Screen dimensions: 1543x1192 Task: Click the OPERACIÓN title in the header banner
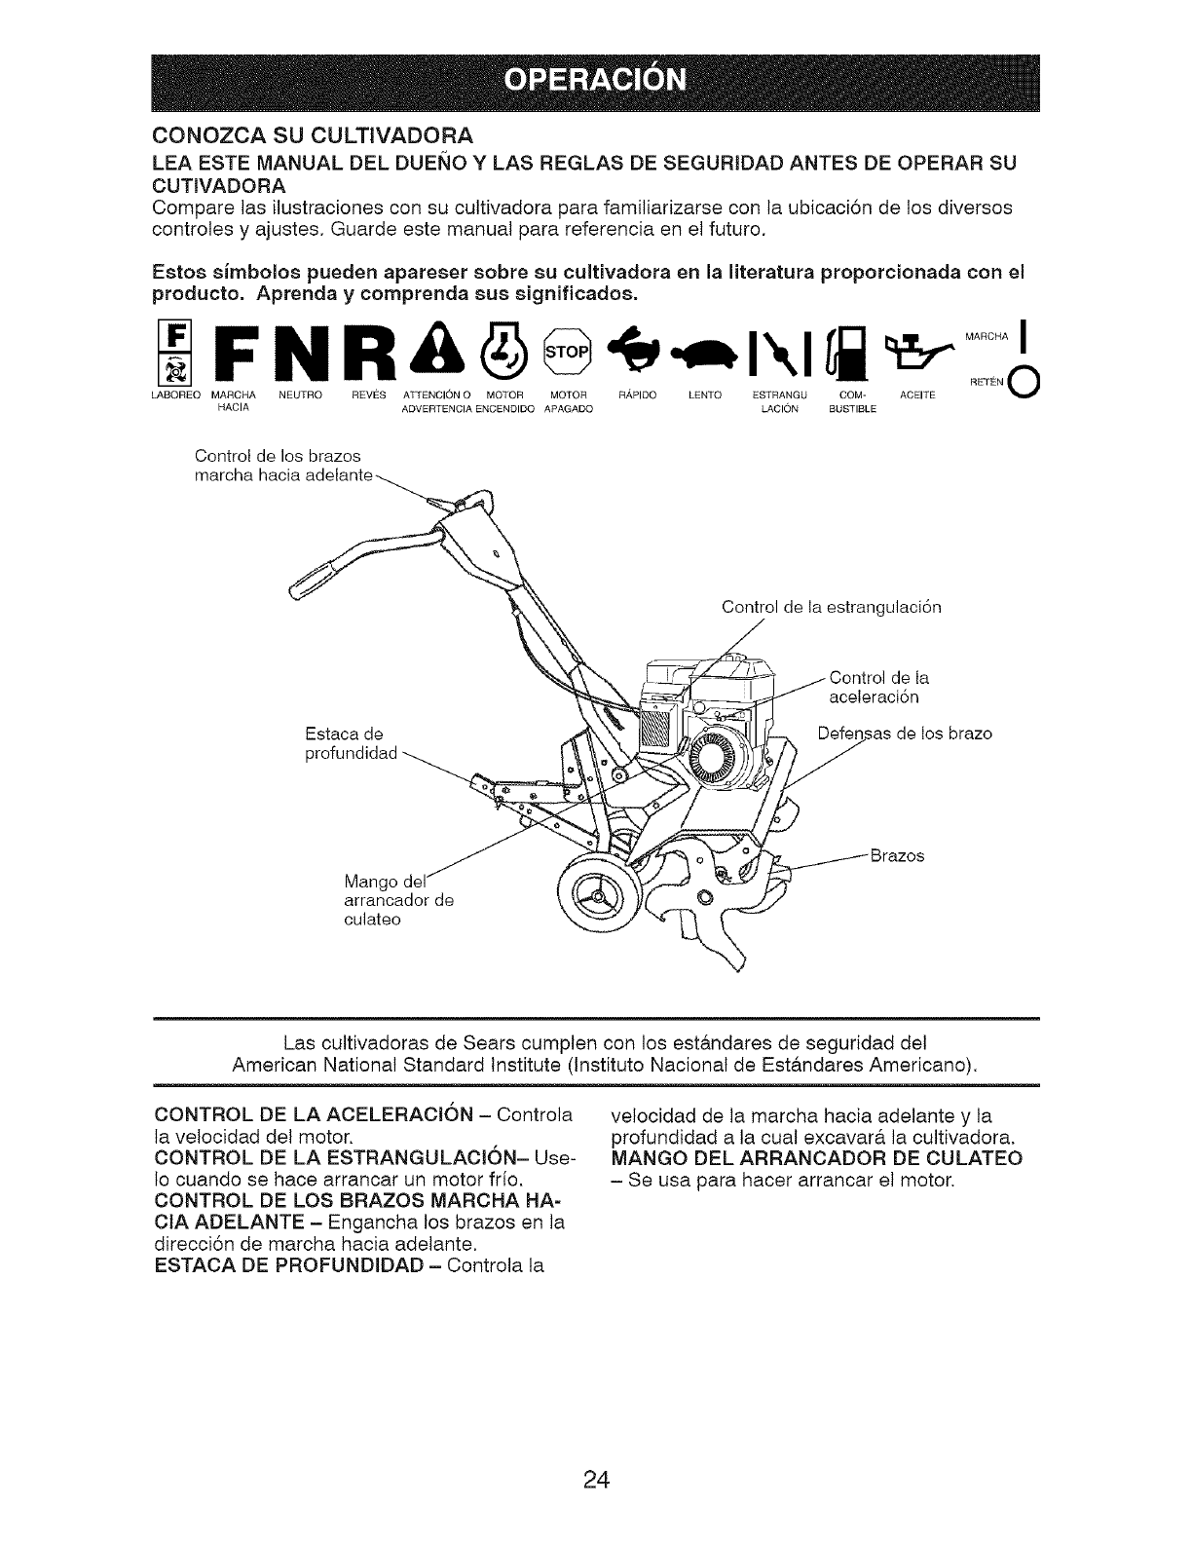point(595,79)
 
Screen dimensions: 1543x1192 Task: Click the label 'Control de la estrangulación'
point(831,607)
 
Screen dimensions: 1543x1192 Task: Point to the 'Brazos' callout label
point(896,856)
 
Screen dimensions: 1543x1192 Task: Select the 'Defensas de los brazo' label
point(905,733)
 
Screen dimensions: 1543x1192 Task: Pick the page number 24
point(596,1453)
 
